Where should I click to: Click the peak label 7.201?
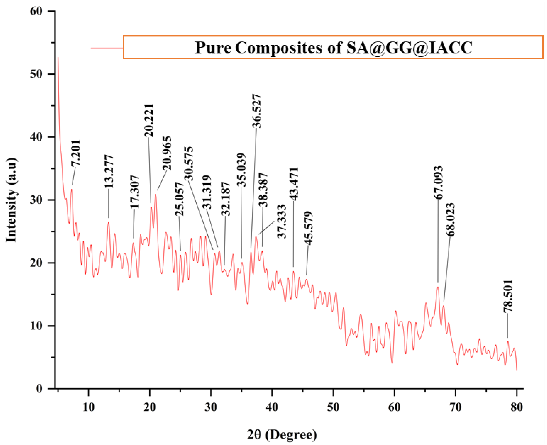tap(76, 153)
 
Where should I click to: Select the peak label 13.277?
tap(109, 171)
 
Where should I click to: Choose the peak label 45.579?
tap(308, 228)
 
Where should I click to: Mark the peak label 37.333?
tap(282, 221)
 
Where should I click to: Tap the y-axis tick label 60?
tap(36, 11)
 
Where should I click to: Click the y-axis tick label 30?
tap(36, 200)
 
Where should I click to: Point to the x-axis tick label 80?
tap(516, 407)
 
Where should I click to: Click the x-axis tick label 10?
tap(89, 407)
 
